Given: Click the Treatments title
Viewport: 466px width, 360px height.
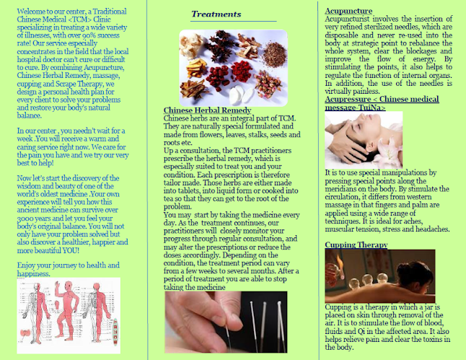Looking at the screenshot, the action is coord(216,14).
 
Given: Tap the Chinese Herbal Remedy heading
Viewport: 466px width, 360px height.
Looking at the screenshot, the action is coord(208,110).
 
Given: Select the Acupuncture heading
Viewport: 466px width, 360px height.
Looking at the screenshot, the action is coord(348,11).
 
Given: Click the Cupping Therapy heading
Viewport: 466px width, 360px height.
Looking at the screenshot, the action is coord(356,245).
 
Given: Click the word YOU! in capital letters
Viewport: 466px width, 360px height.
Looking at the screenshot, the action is coord(71,250).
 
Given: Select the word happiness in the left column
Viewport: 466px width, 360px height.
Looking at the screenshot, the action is coord(32,273).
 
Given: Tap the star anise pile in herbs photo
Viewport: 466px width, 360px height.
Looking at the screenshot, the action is coord(220,44).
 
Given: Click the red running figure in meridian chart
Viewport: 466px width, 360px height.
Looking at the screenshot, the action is coord(67,309).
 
